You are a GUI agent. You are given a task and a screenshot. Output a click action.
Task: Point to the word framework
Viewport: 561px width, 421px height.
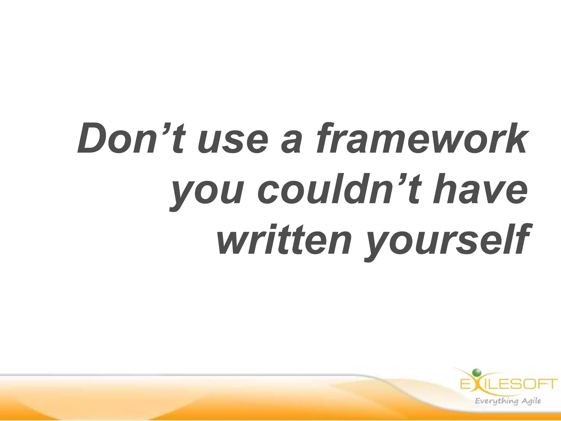pos(420,138)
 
